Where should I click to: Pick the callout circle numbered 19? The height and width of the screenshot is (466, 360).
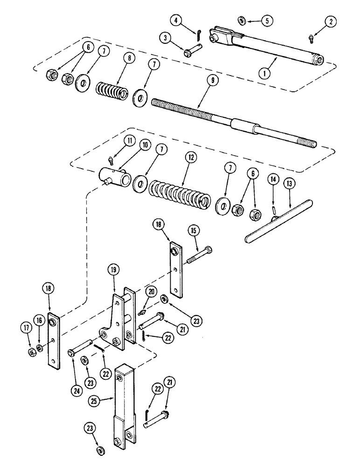[x=115, y=269]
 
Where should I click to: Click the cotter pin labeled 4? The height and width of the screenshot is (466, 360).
[x=198, y=33]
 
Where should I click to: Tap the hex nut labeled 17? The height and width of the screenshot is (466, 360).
[x=31, y=352]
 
